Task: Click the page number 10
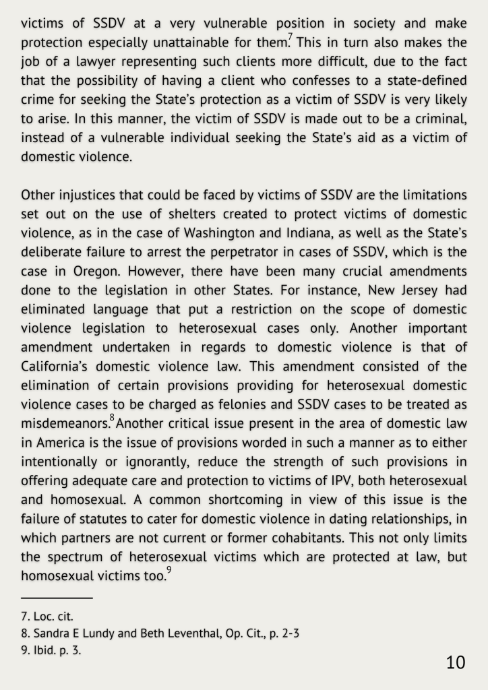[456, 662]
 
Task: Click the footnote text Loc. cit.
[51, 616]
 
